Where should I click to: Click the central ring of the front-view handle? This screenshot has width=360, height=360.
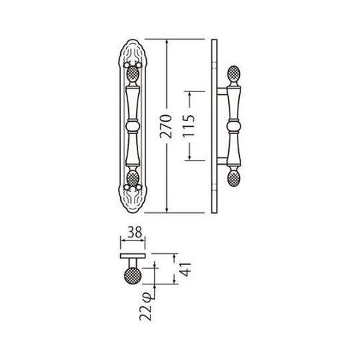pos(132,126)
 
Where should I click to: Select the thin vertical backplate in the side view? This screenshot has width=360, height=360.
pos(215,126)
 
